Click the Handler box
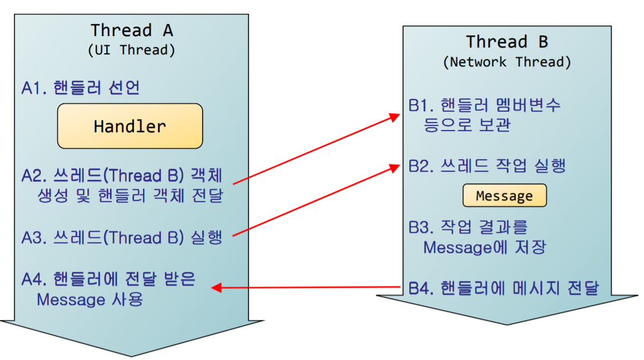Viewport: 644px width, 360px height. pyautogui.click(x=130, y=126)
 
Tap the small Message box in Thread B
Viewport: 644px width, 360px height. pyautogui.click(x=504, y=196)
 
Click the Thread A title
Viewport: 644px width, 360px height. pyautogui.click(x=132, y=30)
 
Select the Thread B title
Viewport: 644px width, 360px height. pyautogui.click(x=507, y=42)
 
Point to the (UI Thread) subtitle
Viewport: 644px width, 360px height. pyautogui.click(x=132, y=50)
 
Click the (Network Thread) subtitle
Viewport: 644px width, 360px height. pyautogui.click(x=507, y=62)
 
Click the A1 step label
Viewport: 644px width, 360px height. pyautogui.click(x=81, y=88)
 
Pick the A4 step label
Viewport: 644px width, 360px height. pyautogui.click(x=109, y=289)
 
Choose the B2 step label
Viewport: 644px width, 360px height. pyautogui.click(x=487, y=167)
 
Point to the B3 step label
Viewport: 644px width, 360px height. pyautogui.click(x=477, y=237)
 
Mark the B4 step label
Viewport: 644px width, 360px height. pyautogui.click(x=503, y=288)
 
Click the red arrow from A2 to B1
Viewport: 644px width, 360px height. pyautogui.click(x=315, y=149)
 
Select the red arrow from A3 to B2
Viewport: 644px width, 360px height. pyautogui.click(x=315, y=200)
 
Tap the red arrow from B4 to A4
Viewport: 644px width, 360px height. pyautogui.click(x=309, y=287)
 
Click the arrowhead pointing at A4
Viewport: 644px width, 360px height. pyautogui.click(x=216, y=287)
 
